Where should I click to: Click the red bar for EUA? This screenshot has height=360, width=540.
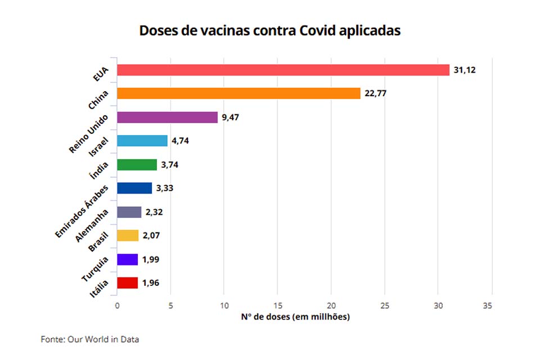283,70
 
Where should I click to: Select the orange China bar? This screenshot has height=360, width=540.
238,93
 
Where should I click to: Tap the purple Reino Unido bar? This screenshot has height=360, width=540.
167,117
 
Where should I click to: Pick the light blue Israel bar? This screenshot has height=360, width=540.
142,141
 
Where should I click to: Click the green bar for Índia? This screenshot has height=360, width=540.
137,165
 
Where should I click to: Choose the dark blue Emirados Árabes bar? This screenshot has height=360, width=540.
134,188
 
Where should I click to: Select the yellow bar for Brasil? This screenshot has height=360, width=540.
128,236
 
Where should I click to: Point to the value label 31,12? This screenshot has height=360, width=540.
465,70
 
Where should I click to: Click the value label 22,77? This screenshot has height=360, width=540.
376,93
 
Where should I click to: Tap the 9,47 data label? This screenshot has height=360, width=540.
231,117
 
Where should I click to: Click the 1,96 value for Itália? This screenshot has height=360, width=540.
150,283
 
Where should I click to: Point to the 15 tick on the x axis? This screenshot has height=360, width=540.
277,305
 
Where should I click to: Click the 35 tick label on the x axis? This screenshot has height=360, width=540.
487,305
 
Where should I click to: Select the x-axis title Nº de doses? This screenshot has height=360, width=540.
295,317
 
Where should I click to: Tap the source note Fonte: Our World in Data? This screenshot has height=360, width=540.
90,339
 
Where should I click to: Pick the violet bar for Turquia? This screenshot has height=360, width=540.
127,259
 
